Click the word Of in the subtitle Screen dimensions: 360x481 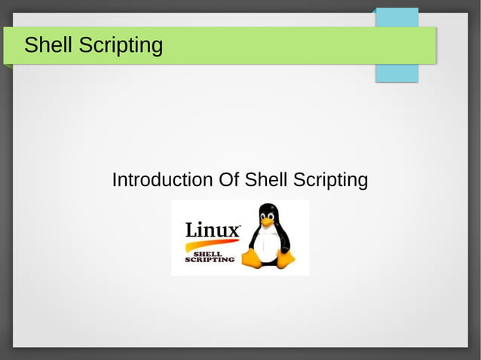point(228,181)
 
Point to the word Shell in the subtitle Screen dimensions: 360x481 point(266,181)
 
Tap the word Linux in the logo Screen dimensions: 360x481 point(213,229)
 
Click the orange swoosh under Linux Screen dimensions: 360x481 point(210,243)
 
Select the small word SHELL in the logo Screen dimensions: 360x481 point(207,253)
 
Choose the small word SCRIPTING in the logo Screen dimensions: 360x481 point(210,260)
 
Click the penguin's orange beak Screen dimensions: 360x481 point(267,222)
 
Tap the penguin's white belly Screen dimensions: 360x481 point(266,245)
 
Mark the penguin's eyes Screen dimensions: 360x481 point(267,215)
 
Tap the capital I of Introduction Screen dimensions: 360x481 point(114,181)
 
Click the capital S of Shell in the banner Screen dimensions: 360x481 point(31,45)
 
